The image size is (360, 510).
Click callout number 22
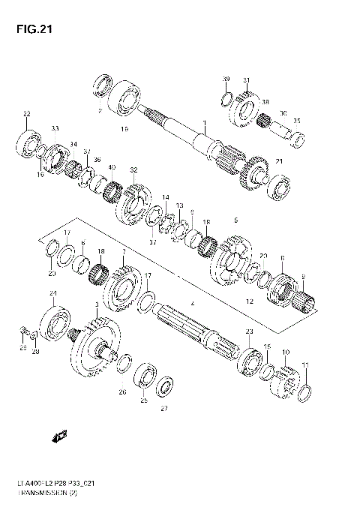tap(26, 114)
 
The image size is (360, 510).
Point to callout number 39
tap(225, 79)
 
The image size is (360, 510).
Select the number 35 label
tap(296, 120)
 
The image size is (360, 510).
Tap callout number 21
tap(279, 161)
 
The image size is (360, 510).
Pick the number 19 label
tap(124, 129)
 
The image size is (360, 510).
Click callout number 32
tap(133, 169)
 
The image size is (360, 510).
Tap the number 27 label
tap(164, 409)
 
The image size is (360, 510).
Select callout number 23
tap(249, 331)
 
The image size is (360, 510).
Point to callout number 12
tap(250, 301)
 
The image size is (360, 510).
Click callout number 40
tap(112, 166)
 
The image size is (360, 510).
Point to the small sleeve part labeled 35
tap(298, 137)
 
